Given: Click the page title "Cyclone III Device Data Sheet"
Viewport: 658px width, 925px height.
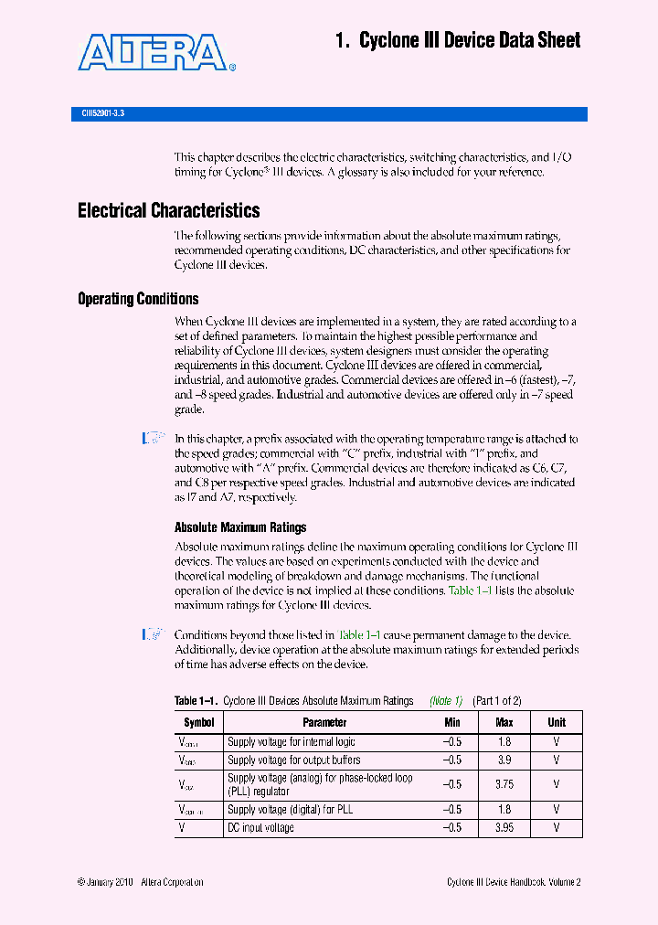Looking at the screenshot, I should [x=457, y=40].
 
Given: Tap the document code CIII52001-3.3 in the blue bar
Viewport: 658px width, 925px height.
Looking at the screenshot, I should [x=97, y=114].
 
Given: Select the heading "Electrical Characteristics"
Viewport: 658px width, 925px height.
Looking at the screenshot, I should [x=168, y=211].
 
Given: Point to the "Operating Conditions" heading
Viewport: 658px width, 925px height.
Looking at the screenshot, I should [x=138, y=299].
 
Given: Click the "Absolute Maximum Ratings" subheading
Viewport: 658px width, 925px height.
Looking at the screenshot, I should [x=240, y=527].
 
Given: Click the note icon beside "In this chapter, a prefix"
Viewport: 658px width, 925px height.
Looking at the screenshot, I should [x=154, y=440].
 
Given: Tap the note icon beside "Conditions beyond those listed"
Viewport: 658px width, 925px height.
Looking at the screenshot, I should [x=154, y=634].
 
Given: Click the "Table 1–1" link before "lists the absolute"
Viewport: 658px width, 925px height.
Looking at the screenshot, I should [x=471, y=590].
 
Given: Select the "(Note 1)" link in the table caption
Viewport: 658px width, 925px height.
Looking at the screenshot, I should [x=446, y=701].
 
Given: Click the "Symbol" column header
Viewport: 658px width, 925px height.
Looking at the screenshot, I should [x=198, y=722].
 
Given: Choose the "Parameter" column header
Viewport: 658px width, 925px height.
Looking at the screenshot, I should [x=324, y=722].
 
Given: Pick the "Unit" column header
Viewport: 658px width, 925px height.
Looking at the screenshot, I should [x=557, y=722].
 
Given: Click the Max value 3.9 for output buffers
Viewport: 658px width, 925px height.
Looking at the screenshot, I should [x=504, y=760].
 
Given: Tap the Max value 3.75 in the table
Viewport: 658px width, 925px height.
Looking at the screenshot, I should [x=504, y=784].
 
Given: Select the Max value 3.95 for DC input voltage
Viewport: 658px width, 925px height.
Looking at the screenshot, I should [x=504, y=828].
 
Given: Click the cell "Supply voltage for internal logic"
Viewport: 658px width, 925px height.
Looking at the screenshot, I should [x=291, y=742].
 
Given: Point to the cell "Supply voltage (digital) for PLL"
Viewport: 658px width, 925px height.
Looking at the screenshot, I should [x=290, y=810].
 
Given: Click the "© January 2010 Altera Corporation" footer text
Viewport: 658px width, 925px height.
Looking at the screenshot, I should [x=141, y=882].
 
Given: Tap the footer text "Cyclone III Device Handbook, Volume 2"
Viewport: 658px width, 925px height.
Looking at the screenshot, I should [x=514, y=882].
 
